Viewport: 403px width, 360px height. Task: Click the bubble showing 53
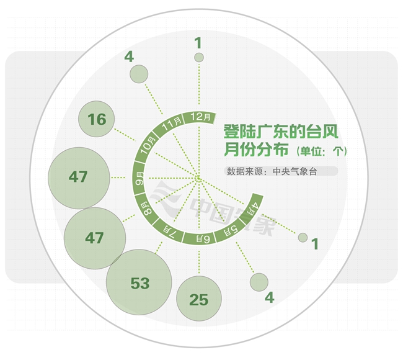tap(139, 282)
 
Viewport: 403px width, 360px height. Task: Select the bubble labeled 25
tap(199, 299)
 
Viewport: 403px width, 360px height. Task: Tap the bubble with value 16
tap(96, 119)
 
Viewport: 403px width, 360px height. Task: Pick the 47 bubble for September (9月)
tap(79, 178)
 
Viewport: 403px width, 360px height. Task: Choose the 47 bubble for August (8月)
tap(95, 238)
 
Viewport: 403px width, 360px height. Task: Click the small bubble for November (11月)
tap(139, 74)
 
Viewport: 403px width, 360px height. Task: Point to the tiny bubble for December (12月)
tap(199, 57)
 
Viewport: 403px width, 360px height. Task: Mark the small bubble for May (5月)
tap(259, 282)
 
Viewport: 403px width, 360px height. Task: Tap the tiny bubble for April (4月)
tap(303, 237)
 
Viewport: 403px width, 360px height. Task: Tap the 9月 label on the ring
tap(140, 179)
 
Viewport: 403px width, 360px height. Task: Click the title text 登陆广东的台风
tap(281, 132)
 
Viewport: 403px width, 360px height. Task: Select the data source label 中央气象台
tap(294, 171)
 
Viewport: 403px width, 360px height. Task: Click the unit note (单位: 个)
tap(322, 151)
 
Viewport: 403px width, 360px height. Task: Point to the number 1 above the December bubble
tap(198, 43)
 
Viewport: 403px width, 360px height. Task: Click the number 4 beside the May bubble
tap(269, 297)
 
